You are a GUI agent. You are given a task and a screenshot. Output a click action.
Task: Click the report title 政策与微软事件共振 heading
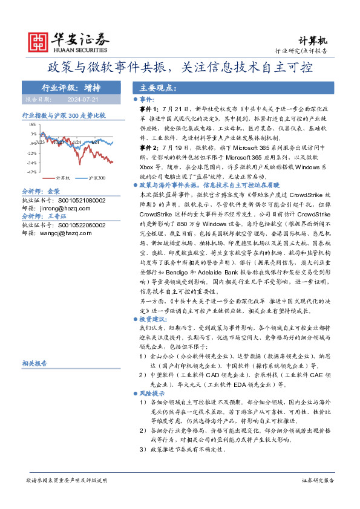[x=180, y=66]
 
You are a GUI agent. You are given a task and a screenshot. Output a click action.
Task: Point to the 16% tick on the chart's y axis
[x=32, y=125]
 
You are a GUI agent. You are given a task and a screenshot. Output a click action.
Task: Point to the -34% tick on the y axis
[x=31, y=163]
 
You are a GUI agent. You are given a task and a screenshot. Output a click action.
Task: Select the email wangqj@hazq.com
[x=63, y=233]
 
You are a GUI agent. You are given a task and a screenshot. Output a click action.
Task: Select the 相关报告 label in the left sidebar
[x=34, y=363]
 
